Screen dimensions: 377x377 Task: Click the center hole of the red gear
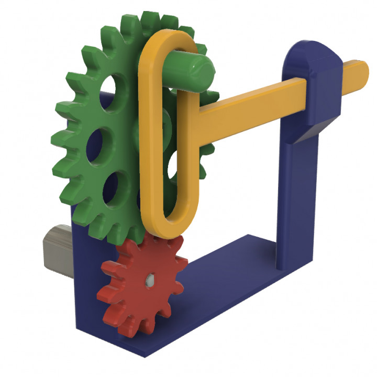(x=150, y=279)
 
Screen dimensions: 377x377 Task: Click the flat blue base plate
(x=220, y=293)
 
